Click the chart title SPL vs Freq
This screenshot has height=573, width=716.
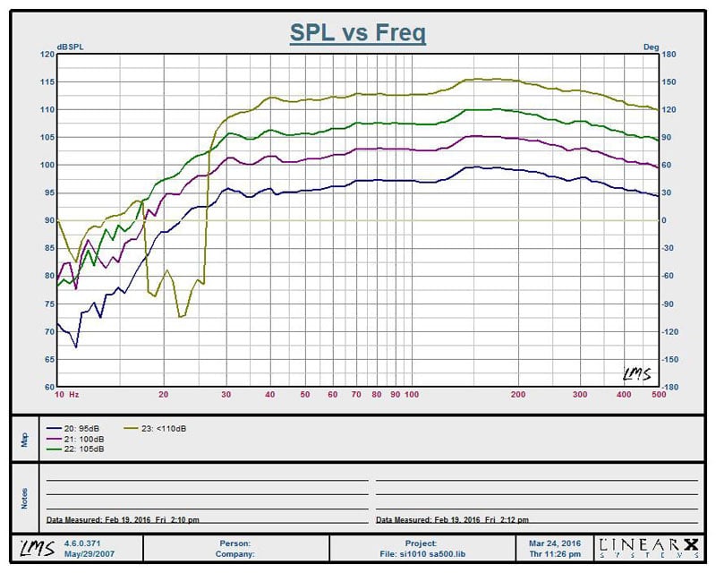point(357,33)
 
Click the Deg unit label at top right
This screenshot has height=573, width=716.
point(651,47)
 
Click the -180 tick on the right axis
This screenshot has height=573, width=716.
point(669,388)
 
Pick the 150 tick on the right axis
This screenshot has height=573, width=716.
point(669,81)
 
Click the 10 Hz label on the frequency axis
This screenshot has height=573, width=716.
point(67,394)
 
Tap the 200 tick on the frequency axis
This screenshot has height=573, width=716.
point(517,394)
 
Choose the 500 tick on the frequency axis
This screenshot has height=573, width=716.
point(658,394)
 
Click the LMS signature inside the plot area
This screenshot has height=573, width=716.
point(635,373)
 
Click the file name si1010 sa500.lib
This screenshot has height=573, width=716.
point(421,553)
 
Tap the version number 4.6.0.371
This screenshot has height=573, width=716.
point(83,543)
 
